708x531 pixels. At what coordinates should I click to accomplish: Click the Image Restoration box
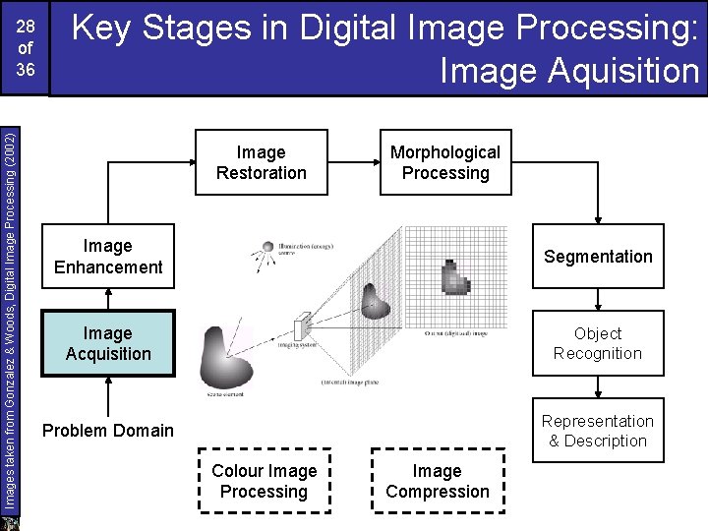point(261,162)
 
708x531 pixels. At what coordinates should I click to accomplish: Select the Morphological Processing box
point(444,162)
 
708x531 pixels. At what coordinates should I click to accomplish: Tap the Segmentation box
point(598,257)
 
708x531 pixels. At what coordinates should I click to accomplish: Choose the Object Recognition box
point(598,343)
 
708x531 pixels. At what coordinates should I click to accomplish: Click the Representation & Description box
point(598,431)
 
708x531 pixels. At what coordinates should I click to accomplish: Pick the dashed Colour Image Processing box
point(264,481)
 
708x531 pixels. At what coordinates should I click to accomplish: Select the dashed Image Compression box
point(437,481)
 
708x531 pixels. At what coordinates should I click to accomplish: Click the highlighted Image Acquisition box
point(108,343)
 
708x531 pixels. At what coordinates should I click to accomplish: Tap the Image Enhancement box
point(108,257)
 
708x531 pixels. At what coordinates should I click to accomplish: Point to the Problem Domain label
point(108,430)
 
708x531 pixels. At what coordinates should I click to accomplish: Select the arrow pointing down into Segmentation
point(598,211)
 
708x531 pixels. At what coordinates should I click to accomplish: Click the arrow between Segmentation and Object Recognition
point(598,300)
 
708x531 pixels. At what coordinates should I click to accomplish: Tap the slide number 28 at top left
point(26,24)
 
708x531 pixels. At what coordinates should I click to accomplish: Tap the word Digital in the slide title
point(350,29)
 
